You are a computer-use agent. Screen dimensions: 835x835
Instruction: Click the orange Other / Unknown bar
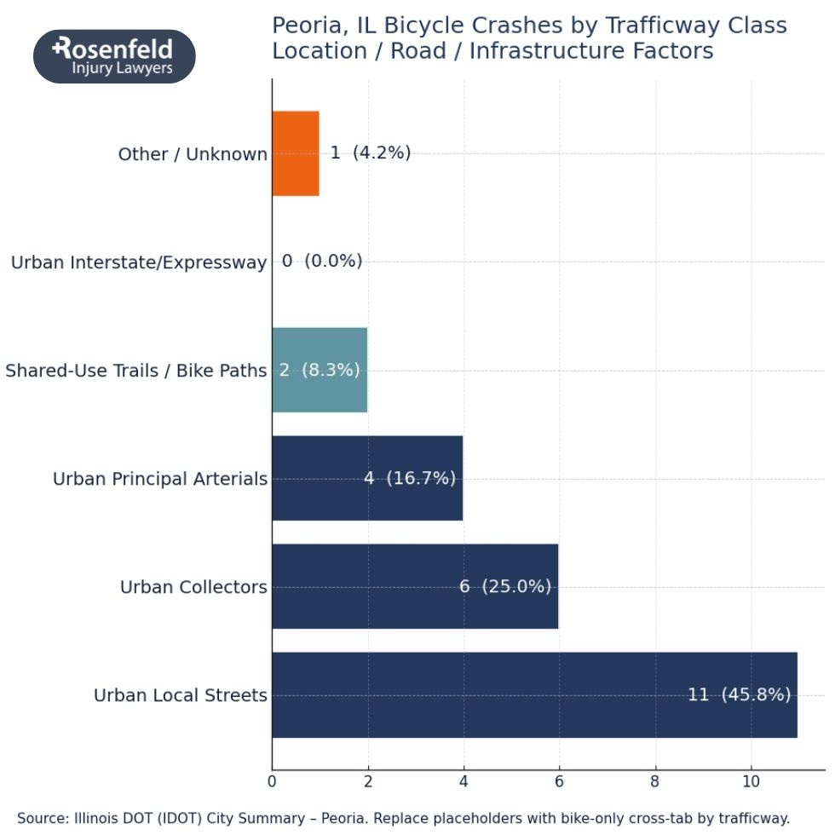pos(296,153)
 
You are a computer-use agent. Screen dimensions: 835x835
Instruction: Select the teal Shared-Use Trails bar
pos(320,370)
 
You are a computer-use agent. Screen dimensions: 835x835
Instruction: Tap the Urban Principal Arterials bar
pos(367,478)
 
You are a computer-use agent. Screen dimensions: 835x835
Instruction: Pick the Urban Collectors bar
pos(415,586)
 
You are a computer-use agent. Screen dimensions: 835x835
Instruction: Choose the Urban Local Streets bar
pos(534,694)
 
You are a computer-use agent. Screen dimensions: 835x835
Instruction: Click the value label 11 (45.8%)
pos(739,694)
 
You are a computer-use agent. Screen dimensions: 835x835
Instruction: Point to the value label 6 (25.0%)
pos(505,586)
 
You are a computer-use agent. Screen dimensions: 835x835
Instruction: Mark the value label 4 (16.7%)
pos(410,478)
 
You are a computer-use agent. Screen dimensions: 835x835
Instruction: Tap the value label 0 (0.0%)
pos(322,262)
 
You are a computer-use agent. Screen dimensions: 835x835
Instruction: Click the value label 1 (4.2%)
pos(371,153)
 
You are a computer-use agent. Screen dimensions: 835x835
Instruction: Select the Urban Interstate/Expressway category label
pos(139,262)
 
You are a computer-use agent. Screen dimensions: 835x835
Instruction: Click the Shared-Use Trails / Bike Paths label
pos(136,371)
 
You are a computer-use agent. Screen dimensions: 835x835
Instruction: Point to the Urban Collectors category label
pos(193,587)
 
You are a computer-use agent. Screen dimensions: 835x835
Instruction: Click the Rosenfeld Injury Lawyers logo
pos(114,56)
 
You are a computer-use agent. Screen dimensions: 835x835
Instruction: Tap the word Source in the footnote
pos(43,818)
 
